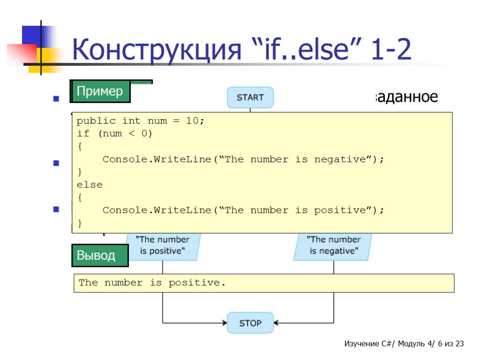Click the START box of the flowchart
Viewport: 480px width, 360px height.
pyautogui.click(x=250, y=97)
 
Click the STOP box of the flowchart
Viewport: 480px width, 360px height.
pyautogui.click(x=250, y=323)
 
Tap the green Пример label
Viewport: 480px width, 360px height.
pyautogui.click(x=100, y=91)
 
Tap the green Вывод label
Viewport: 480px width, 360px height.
pyautogui.click(x=100, y=255)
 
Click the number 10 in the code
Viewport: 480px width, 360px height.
pyautogui.click(x=192, y=121)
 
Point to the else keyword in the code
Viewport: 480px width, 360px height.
pyautogui.click(x=90, y=185)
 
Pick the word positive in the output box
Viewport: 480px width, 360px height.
pyautogui.click(x=191, y=283)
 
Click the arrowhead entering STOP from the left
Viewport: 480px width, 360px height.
pyautogui.click(x=224, y=323)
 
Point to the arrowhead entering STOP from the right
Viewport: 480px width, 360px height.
pyautogui.click(x=277, y=323)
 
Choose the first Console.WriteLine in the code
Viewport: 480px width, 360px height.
pyautogui.click(x=157, y=159)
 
